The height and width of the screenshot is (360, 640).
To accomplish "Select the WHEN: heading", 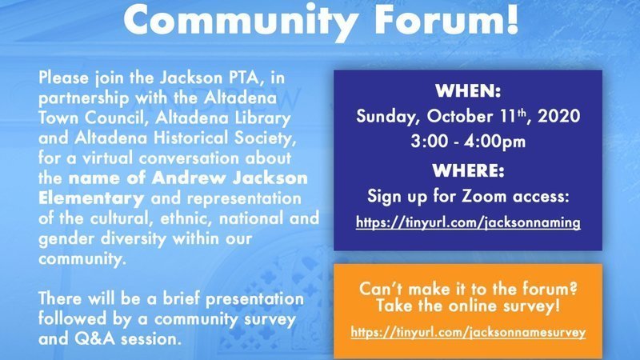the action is [x=468, y=91].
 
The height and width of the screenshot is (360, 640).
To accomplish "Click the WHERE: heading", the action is [x=468, y=170].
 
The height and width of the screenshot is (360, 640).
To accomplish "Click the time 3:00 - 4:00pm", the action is [x=468, y=142].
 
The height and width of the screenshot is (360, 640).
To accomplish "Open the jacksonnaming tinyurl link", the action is [x=468, y=223].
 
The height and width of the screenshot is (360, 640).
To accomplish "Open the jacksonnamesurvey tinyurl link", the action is [x=468, y=332].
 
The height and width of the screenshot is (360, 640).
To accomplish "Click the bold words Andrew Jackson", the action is [x=230, y=178].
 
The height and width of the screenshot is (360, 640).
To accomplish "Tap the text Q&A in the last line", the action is [x=94, y=339].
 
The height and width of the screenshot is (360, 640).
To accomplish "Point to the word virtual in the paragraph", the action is [x=107, y=158].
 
